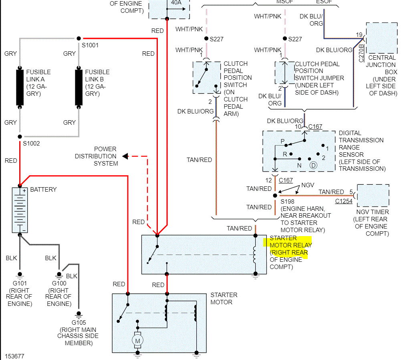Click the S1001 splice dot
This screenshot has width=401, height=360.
click(x=79, y=38)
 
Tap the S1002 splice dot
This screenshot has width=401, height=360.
click(x=20, y=137)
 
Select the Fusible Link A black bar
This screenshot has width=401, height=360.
click(x=20, y=87)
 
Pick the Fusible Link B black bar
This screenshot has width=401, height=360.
click(x=79, y=87)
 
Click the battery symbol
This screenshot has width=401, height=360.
click(x=20, y=210)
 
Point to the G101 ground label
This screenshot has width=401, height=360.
click(x=20, y=283)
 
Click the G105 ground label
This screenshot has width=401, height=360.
click(x=79, y=322)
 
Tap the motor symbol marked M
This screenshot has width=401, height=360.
click(x=137, y=340)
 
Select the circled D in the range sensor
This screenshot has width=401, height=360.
click(x=313, y=166)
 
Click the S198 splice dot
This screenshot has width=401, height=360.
click(x=275, y=196)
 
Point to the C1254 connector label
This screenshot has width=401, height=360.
click(x=344, y=201)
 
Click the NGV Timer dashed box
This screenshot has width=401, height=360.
click(x=373, y=196)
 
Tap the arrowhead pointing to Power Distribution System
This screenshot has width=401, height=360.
click(x=125, y=156)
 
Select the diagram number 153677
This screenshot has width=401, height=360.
click(x=14, y=356)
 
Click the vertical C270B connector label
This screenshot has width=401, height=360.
click(x=361, y=53)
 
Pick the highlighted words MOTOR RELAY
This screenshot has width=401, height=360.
click(x=291, y=245)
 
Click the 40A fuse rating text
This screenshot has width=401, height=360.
click(x=176, y=2)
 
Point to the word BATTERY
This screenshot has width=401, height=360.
click(x=43, y=189)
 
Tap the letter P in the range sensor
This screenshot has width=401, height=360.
click(x=282, y=141)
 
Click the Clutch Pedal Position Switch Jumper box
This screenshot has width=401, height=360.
click(x=285, y=73)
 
